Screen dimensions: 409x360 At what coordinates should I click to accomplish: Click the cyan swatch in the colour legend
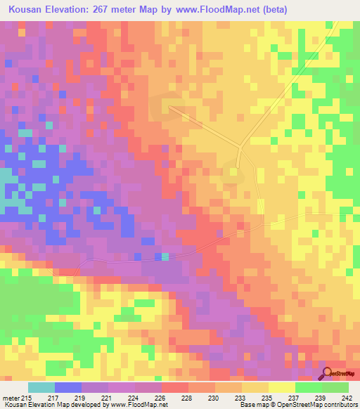tap(41, 387)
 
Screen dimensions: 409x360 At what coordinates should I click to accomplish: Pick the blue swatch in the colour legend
tap(68, 387)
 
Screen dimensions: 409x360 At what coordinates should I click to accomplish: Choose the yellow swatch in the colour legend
tap(282, 387)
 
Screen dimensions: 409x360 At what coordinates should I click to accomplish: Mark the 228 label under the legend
tap(186, 397)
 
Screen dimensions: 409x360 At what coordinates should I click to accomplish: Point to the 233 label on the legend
tap(239, 397)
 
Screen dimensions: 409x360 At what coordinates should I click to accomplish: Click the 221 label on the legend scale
tap(105, 397)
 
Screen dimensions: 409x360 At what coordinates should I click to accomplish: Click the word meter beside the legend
tap(10, 397)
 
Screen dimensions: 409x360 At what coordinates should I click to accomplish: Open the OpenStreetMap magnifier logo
tap(326, 372)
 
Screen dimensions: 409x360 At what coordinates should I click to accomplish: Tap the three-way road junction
tap(240, 148)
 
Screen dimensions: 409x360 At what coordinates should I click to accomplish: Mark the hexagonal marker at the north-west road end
tap(169, 106)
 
